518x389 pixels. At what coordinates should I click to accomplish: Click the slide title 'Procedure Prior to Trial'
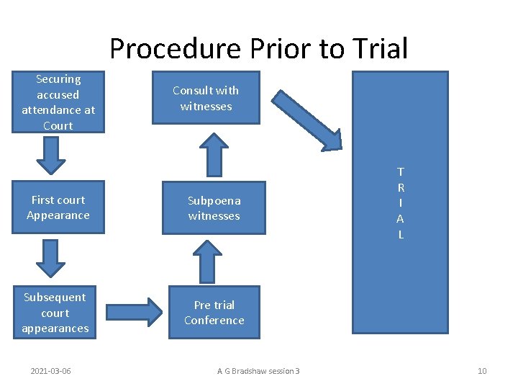point(259,48)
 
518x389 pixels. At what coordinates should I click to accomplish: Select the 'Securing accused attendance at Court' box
point(58,102)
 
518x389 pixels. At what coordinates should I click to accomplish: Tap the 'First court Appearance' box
point(58,207)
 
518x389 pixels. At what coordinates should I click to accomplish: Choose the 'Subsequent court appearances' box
point(55,313)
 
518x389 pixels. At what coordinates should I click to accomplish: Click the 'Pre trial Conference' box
point(214,313)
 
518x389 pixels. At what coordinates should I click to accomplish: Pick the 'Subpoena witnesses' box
point(214,208)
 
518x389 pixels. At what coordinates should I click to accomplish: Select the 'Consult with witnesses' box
point(206,98)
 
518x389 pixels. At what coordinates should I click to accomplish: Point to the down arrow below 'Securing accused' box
point(51,156)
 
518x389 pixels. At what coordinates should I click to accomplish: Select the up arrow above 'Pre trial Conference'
point(209,261)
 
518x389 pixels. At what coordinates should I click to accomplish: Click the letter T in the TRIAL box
point(401,171)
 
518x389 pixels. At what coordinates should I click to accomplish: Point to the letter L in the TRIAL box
point(401,235)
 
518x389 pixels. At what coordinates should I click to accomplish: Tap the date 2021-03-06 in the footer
point(50,371)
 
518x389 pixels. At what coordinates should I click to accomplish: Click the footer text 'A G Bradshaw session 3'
point(258,371)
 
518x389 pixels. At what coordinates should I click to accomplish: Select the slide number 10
point(482,371)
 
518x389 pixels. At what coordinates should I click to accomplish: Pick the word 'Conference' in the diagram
point(214,321)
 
